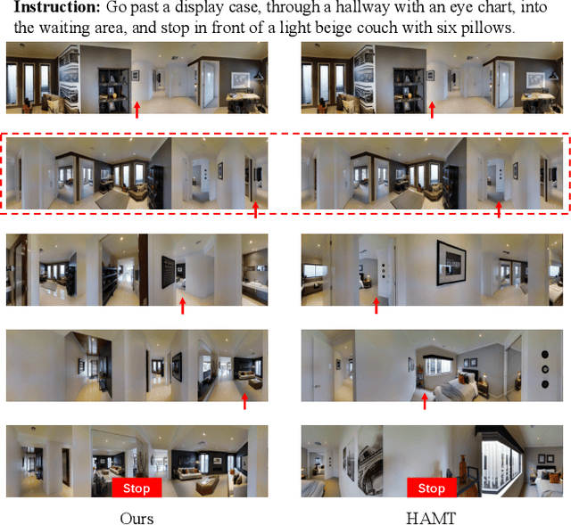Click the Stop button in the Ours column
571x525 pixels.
tap(137, 488)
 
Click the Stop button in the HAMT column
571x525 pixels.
tap(431, 488)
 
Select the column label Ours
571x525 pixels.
tap(137, 518)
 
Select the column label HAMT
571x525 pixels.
tap(432, 518)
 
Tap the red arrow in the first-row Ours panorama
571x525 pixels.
tap(137, 110)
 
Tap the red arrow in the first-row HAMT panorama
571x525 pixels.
tap(433, 110)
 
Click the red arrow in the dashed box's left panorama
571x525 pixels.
tap(256, 208)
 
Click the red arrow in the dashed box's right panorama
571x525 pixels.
tap(498, 208)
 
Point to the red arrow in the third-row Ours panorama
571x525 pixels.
tap(182, 305)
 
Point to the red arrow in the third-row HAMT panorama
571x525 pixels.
tap(376, 305)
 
